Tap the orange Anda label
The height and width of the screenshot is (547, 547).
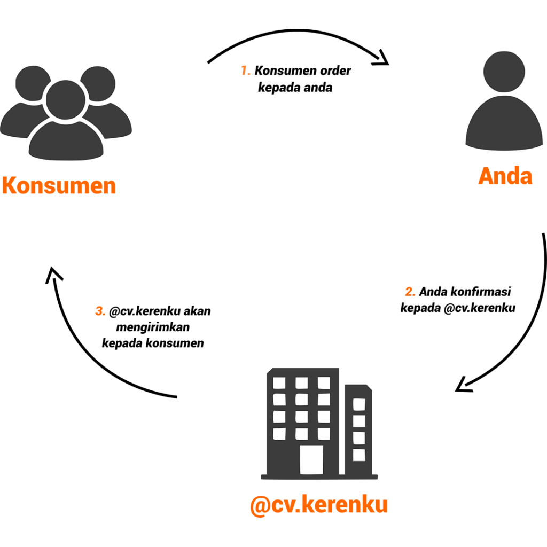[x=505, y=176]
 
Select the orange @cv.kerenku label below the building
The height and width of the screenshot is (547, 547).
[x=318, y=504]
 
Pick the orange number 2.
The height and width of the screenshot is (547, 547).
[x=410, y=292]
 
